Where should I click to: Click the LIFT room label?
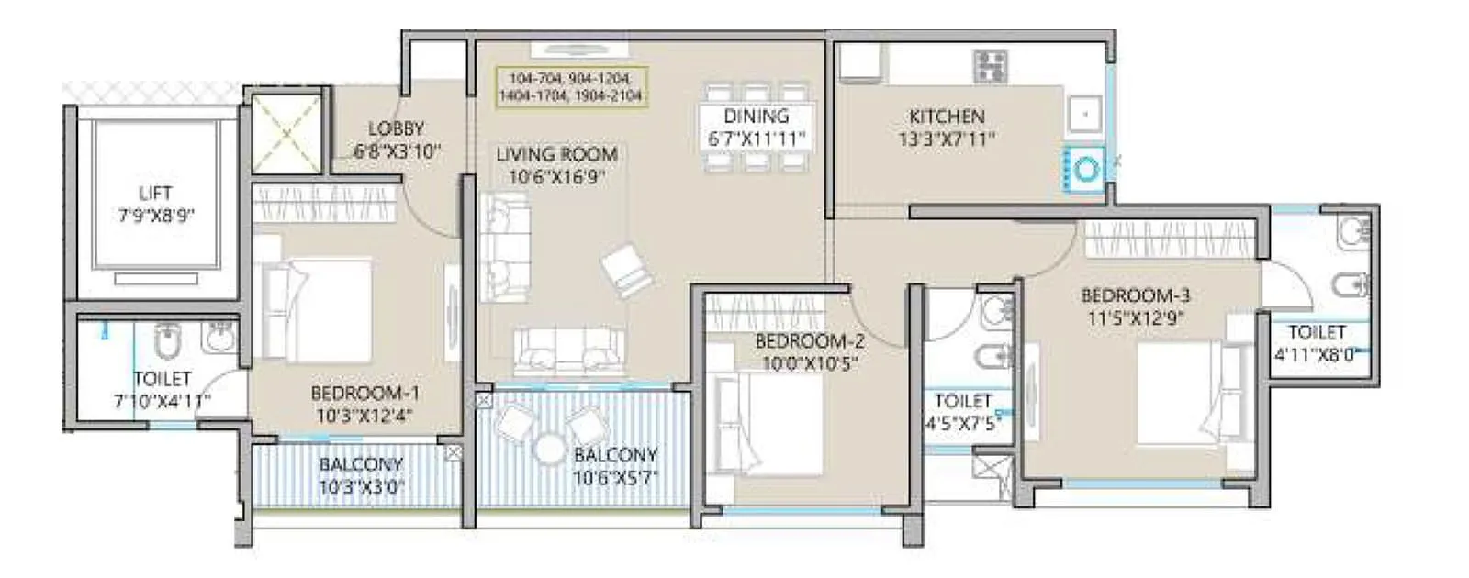[x=154, y=193]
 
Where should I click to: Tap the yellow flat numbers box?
[x=570, y=87]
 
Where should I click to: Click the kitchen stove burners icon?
[x=991, y=65]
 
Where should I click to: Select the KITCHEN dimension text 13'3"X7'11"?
[x=947, y=139]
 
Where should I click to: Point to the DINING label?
[x=756, y=117]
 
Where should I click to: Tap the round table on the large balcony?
[x=549, y=449]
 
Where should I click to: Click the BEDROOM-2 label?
[x=810, y=341]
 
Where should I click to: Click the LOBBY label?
[x=396, y=128]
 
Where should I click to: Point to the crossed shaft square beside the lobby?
[x=286, y=133]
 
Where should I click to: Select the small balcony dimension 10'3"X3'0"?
[x=361, y=487]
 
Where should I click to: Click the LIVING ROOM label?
[x=556, y=154]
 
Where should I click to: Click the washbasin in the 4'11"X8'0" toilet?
[x=1353, y=232]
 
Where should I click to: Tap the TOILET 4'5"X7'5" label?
[x=963, y=401]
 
